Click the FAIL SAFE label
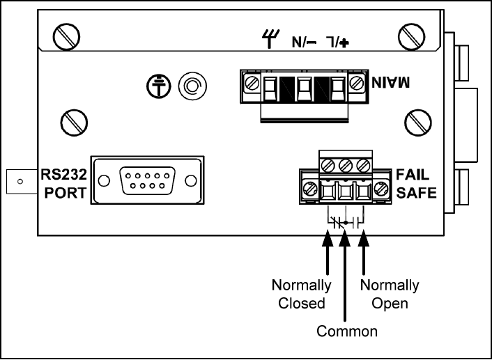[x=417, y=183]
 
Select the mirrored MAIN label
[x=387, y=83]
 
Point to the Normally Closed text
[x=302, y=294]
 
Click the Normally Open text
[x=390, y=294]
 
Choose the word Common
[x=347, y=331]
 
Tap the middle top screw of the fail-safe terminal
[x=345, y=166]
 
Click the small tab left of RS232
[x=20, y=182]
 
